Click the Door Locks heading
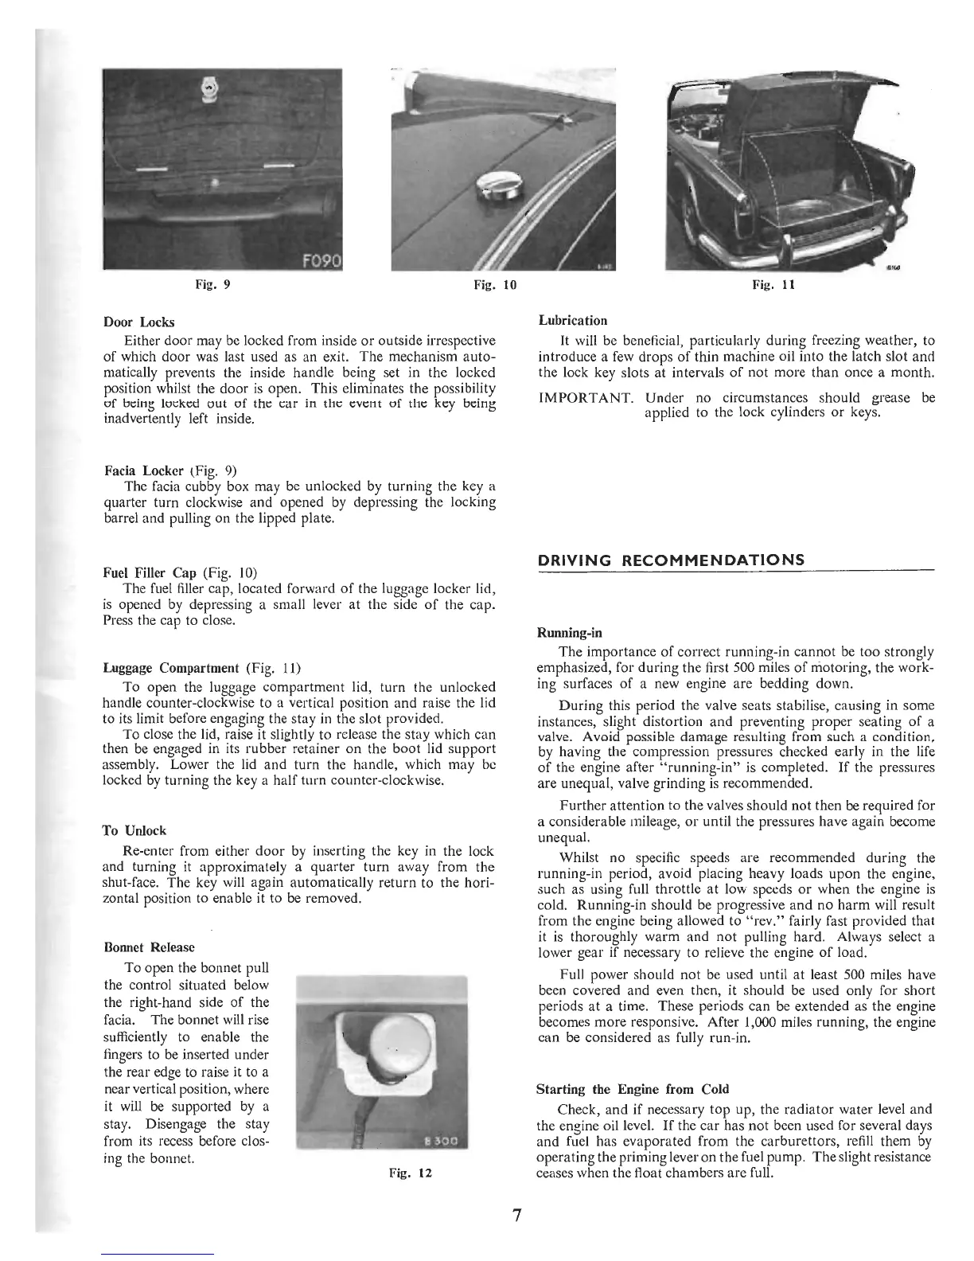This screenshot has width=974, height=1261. pyautogui.click(x=139, y=322)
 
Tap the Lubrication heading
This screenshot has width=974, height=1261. pyautogui.click(x=573, y=321)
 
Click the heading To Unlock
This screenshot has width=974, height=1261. pyautogui.click(x=135, y=830)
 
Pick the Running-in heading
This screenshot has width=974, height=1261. pyautogui.click(x=570, y=634)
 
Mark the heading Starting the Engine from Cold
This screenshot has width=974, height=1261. pyautogui.click(x=633, y=1089)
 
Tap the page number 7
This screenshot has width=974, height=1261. pyautogui.click(x=516, y=1216)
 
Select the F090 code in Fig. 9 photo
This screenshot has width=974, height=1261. pyautogui.click(x=321, y=260)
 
